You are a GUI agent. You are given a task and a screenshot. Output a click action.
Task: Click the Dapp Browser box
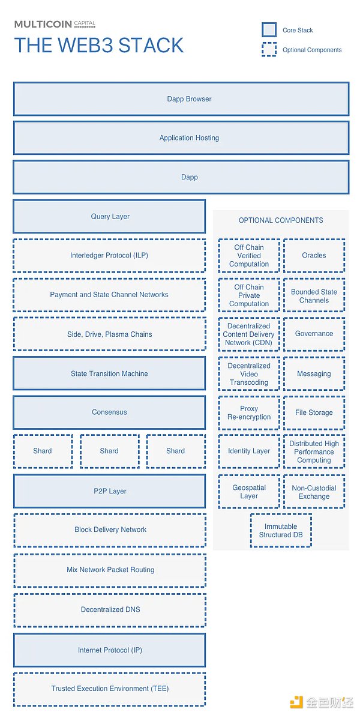181,99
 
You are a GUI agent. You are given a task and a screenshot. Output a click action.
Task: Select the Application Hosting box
181,138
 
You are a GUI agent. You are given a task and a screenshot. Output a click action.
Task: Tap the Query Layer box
109,217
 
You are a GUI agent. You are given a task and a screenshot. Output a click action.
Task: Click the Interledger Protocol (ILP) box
109,256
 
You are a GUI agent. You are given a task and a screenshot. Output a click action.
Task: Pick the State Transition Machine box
109,373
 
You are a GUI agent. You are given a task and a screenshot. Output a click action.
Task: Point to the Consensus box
109,412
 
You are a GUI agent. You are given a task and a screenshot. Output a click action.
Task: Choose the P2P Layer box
109,491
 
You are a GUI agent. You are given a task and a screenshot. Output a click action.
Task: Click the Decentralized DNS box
109,609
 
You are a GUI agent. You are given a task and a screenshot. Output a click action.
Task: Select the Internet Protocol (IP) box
109,650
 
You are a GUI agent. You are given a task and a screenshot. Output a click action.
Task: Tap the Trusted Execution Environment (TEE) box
109,689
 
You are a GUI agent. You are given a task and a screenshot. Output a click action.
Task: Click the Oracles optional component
314,256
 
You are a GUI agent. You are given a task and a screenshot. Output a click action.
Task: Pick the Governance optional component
314,334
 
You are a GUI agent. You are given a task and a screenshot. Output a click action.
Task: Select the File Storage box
314,412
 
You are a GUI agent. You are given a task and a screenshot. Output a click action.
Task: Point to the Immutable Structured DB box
281,530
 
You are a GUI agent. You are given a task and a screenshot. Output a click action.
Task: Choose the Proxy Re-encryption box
249,412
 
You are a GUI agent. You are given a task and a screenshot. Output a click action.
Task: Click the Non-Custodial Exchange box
314,492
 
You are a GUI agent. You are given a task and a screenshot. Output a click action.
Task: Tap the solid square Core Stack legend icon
269,30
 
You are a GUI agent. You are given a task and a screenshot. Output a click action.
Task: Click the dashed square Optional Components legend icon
269,50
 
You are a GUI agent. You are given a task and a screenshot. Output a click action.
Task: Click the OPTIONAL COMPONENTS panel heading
281,220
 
